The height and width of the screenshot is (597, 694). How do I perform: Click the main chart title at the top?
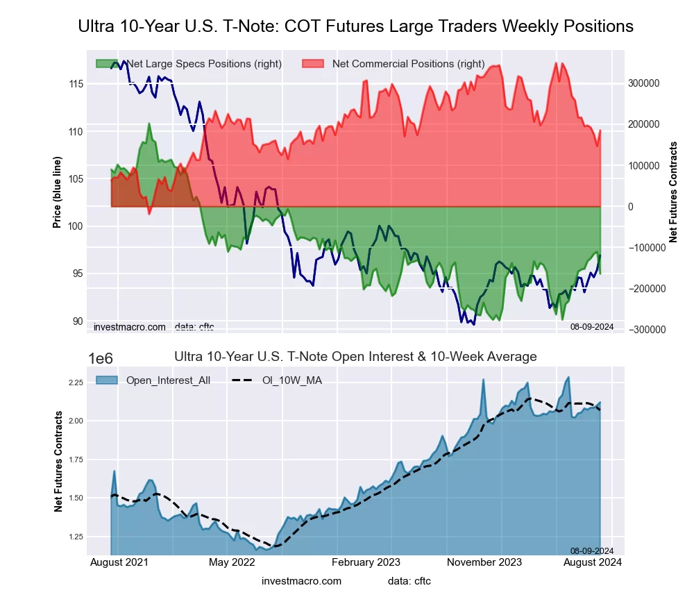coord(355,26)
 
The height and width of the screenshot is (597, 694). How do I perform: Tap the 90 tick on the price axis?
coord(78,321)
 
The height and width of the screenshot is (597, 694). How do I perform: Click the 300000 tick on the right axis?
coord(644,83)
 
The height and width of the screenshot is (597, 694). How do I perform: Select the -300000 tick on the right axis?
coord(645,330)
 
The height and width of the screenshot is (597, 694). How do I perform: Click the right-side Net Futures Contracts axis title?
coord(672,192)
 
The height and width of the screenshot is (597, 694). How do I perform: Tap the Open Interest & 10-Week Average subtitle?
coord(355,357)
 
